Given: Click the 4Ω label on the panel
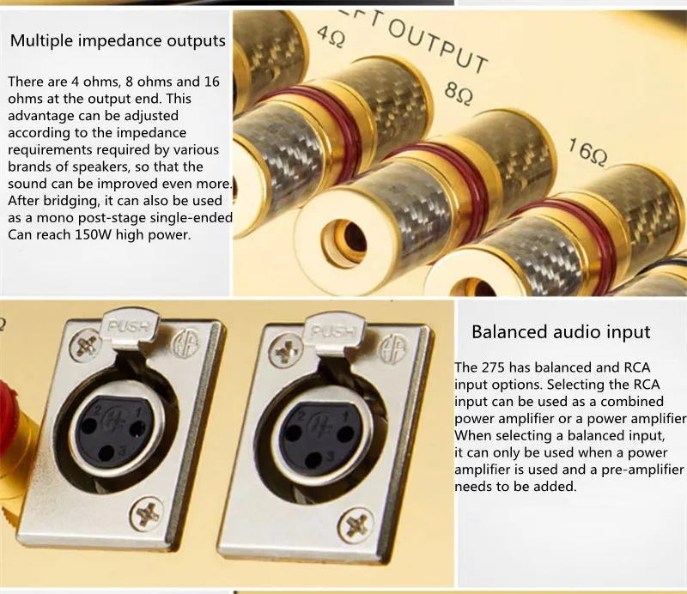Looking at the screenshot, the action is click(331, 37).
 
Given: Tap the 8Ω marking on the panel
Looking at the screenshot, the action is click(459, 93).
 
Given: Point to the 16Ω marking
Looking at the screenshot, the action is click(588, 152).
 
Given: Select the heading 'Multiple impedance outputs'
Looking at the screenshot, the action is click(118, 40).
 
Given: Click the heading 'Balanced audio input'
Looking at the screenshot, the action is click(561, 331).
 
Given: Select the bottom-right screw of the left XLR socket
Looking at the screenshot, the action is click(147, 512).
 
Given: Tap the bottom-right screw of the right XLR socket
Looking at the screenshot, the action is click(356, 525).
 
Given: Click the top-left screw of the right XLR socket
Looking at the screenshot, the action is click(286, 352).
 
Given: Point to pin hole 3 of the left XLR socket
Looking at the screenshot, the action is click(106, 453).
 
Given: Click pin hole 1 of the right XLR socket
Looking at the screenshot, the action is click(345, 434).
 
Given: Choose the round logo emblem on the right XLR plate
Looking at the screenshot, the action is click(392, 349).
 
